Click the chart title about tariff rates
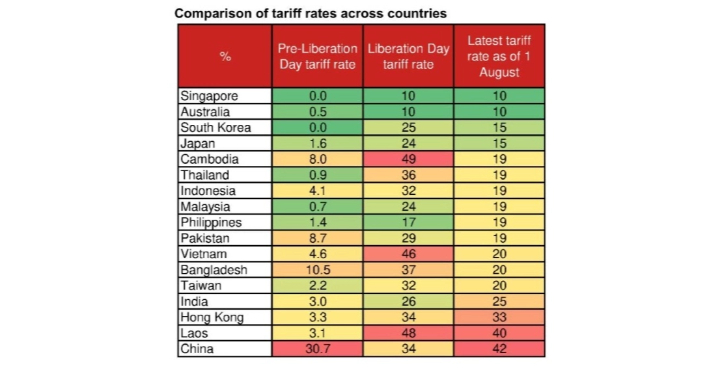pos(310,13)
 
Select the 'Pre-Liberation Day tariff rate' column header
pos(317,57)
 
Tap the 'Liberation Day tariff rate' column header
pos(408,57)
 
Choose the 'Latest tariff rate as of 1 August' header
pos(499,57)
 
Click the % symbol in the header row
pos(225,57)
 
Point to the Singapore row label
pos(210,96)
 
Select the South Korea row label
pos(215,127)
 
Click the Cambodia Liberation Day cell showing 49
pos(408,159)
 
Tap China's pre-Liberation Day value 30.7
pos(317,349)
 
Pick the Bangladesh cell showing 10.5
pos(317,270)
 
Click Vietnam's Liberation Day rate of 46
pos(408,254)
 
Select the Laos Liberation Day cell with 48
pos(408,333)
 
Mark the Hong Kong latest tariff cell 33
pos(499,317)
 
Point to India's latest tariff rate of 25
pos(499,301)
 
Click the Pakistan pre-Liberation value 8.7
pos(317,238)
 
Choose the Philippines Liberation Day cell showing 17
pos(408,222)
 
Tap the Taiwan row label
pos(201,286)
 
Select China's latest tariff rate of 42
pos(499,349)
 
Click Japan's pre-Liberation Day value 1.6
pos(317,144)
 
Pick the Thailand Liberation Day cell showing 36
pos(408,175)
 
